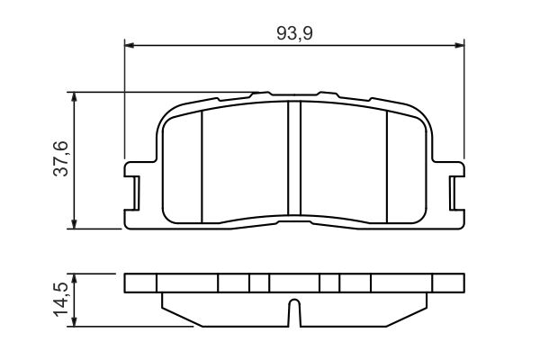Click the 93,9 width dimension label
[294, 34]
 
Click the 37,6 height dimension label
[61, 158]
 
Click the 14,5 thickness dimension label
[61, 299]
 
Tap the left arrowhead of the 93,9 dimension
[129, 45]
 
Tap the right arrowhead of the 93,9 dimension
[459, 45]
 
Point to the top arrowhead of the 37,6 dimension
[74, 97]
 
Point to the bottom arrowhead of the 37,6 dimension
[74, 223]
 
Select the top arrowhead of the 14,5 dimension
[74, 279]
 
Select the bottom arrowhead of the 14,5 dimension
[74, 321]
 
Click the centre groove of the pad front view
[294, 158]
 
